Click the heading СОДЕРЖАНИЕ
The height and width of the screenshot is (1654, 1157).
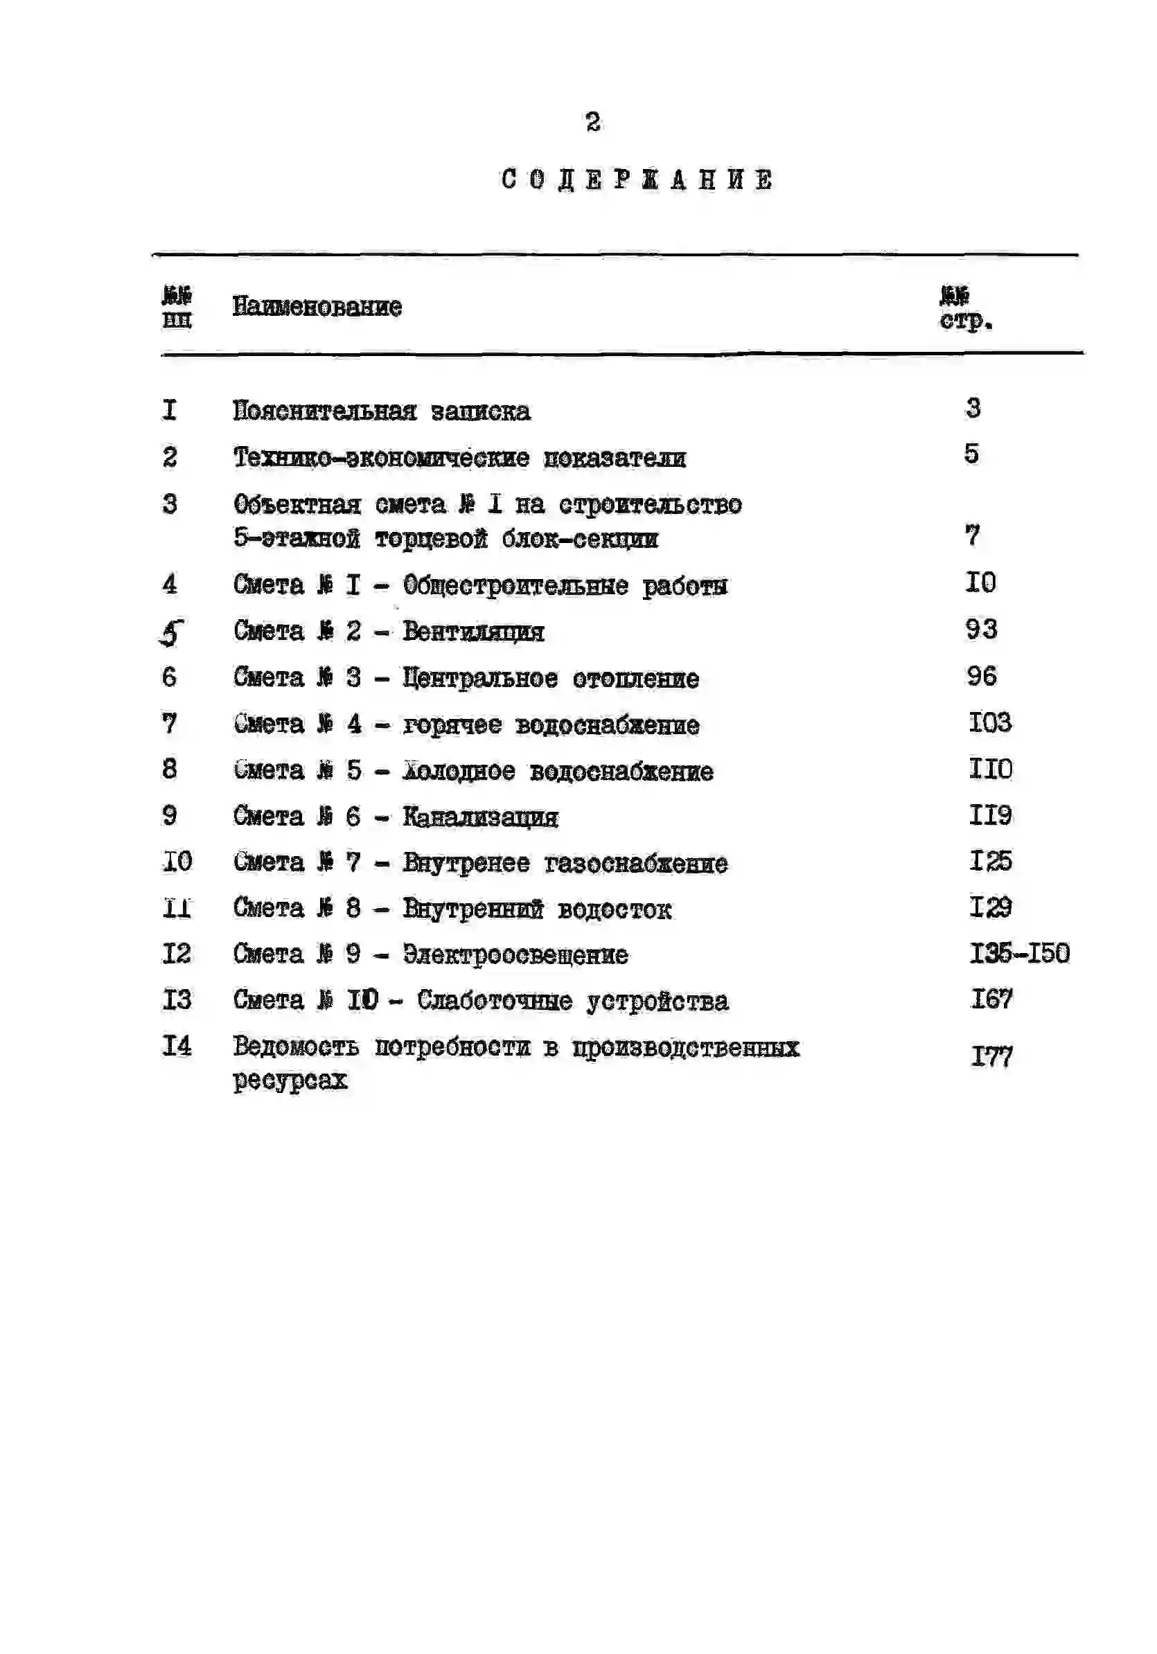pos(637,179)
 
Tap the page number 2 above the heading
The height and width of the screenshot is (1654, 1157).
pos(593,123)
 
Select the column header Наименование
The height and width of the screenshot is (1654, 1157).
pos(317,307)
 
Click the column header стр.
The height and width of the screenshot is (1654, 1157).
pos(965,321)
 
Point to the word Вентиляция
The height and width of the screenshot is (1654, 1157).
pos(472,632)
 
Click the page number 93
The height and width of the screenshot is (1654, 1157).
pos(981,630)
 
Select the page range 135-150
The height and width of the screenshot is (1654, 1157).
pos(1018,954)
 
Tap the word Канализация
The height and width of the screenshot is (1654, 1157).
pos(480,817)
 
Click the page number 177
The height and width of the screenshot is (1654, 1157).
pos(992,1057)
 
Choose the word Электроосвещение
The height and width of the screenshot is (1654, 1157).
pos(515,955)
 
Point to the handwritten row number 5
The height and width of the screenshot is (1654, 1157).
pos(171,632)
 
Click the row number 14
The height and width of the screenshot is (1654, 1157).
pos(177,1046)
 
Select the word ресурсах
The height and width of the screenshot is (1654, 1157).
pos(290,1081)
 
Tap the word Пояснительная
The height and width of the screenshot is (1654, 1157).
pos(324,411)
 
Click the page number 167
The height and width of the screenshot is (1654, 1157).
pos(992,1000)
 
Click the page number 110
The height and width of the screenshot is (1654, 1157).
pos(991,770)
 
